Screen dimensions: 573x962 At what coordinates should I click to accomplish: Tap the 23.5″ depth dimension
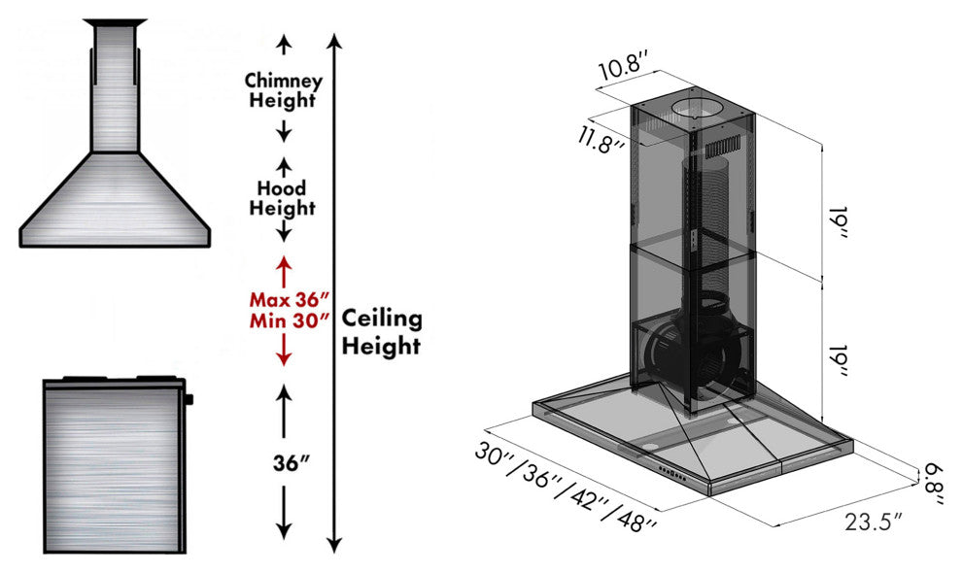873,520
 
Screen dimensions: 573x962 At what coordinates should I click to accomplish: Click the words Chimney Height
282,89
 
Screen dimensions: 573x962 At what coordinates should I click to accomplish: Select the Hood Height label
282,197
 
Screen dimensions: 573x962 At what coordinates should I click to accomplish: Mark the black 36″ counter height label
284,461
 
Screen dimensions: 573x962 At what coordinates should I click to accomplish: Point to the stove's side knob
188,398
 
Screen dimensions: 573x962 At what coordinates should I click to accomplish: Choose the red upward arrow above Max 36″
284,268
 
